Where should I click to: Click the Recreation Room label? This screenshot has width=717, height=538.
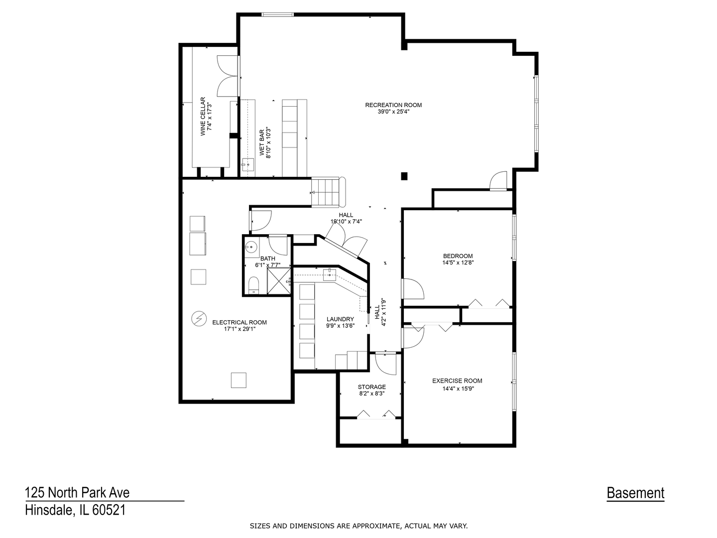click(x=393, y=105)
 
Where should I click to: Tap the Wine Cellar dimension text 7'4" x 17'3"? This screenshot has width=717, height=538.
click(x=210, y=117)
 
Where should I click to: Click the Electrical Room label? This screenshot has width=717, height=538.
click(x=239, y=322)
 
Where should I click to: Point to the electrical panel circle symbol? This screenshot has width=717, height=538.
click(x=199, y=318)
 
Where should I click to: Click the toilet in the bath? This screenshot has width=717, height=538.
click(x=253, y=285)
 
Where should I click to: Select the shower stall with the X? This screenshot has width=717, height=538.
click(x=279, y=281)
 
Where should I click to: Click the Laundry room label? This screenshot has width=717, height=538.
click(x=340, y=319)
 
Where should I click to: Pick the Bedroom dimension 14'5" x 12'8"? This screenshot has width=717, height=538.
click(x=458, y=263)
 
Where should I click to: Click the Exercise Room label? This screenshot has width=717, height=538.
click(x=457, y=381)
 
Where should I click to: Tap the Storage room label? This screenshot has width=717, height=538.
click(x=372, y=387)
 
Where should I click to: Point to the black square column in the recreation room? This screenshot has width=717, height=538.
click(x=404, y=176)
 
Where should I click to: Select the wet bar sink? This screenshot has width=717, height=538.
click(x=248, y=163)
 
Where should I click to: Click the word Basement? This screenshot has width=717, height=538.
click(x=635, y=493)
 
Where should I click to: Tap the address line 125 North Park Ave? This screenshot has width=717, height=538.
click(x=77, y=493)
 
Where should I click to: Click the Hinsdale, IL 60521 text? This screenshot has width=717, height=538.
click(x=76, y=510)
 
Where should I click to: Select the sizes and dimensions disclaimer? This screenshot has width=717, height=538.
click(x=358, y=526)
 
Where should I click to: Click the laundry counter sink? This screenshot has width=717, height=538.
click(x=330, y=274)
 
